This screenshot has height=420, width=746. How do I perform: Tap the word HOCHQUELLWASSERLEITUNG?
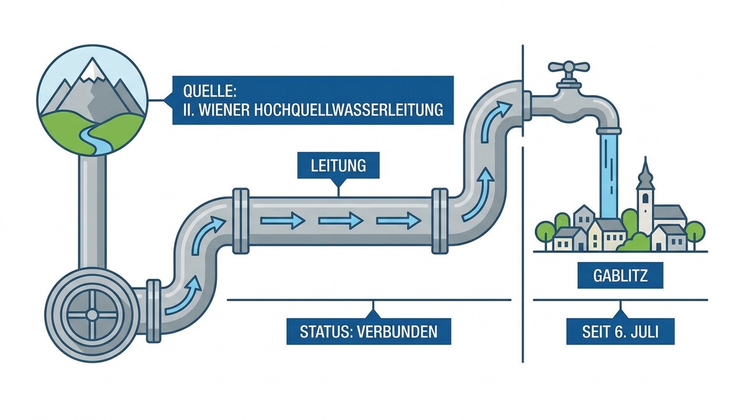coord(348,110)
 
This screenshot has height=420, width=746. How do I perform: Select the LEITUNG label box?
coord(338,166)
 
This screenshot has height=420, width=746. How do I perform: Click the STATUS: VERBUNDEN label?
coord(369,331)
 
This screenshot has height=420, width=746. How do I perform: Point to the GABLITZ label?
coord(620,275)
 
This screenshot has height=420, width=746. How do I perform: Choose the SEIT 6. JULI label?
coord(620,331)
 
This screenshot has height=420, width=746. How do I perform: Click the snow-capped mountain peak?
coord(92,70)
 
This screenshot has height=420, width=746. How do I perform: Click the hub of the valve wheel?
coord(91,314)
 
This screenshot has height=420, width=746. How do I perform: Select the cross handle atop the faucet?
coord(569,67)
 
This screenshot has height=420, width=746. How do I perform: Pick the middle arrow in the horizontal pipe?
coord(341,221)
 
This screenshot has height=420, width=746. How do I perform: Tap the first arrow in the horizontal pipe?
coord(282,221)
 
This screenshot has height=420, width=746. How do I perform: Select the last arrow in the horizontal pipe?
coord(398,221)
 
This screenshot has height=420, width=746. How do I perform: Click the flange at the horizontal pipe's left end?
coord(241,221)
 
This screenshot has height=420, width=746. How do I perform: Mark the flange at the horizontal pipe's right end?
coord(440,221)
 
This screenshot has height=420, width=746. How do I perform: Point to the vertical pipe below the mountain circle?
coord(93,212)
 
